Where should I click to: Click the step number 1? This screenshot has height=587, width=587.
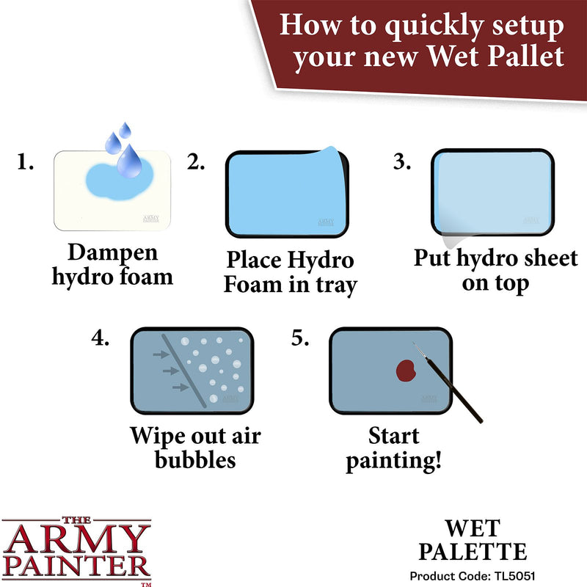coord(25,162)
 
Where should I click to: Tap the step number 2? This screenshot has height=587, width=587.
coord(196,162)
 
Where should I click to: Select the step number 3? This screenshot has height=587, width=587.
coord(402,162)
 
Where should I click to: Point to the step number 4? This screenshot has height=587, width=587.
coord(101,338)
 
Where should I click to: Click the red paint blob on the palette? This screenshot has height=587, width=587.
coord(406,370)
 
